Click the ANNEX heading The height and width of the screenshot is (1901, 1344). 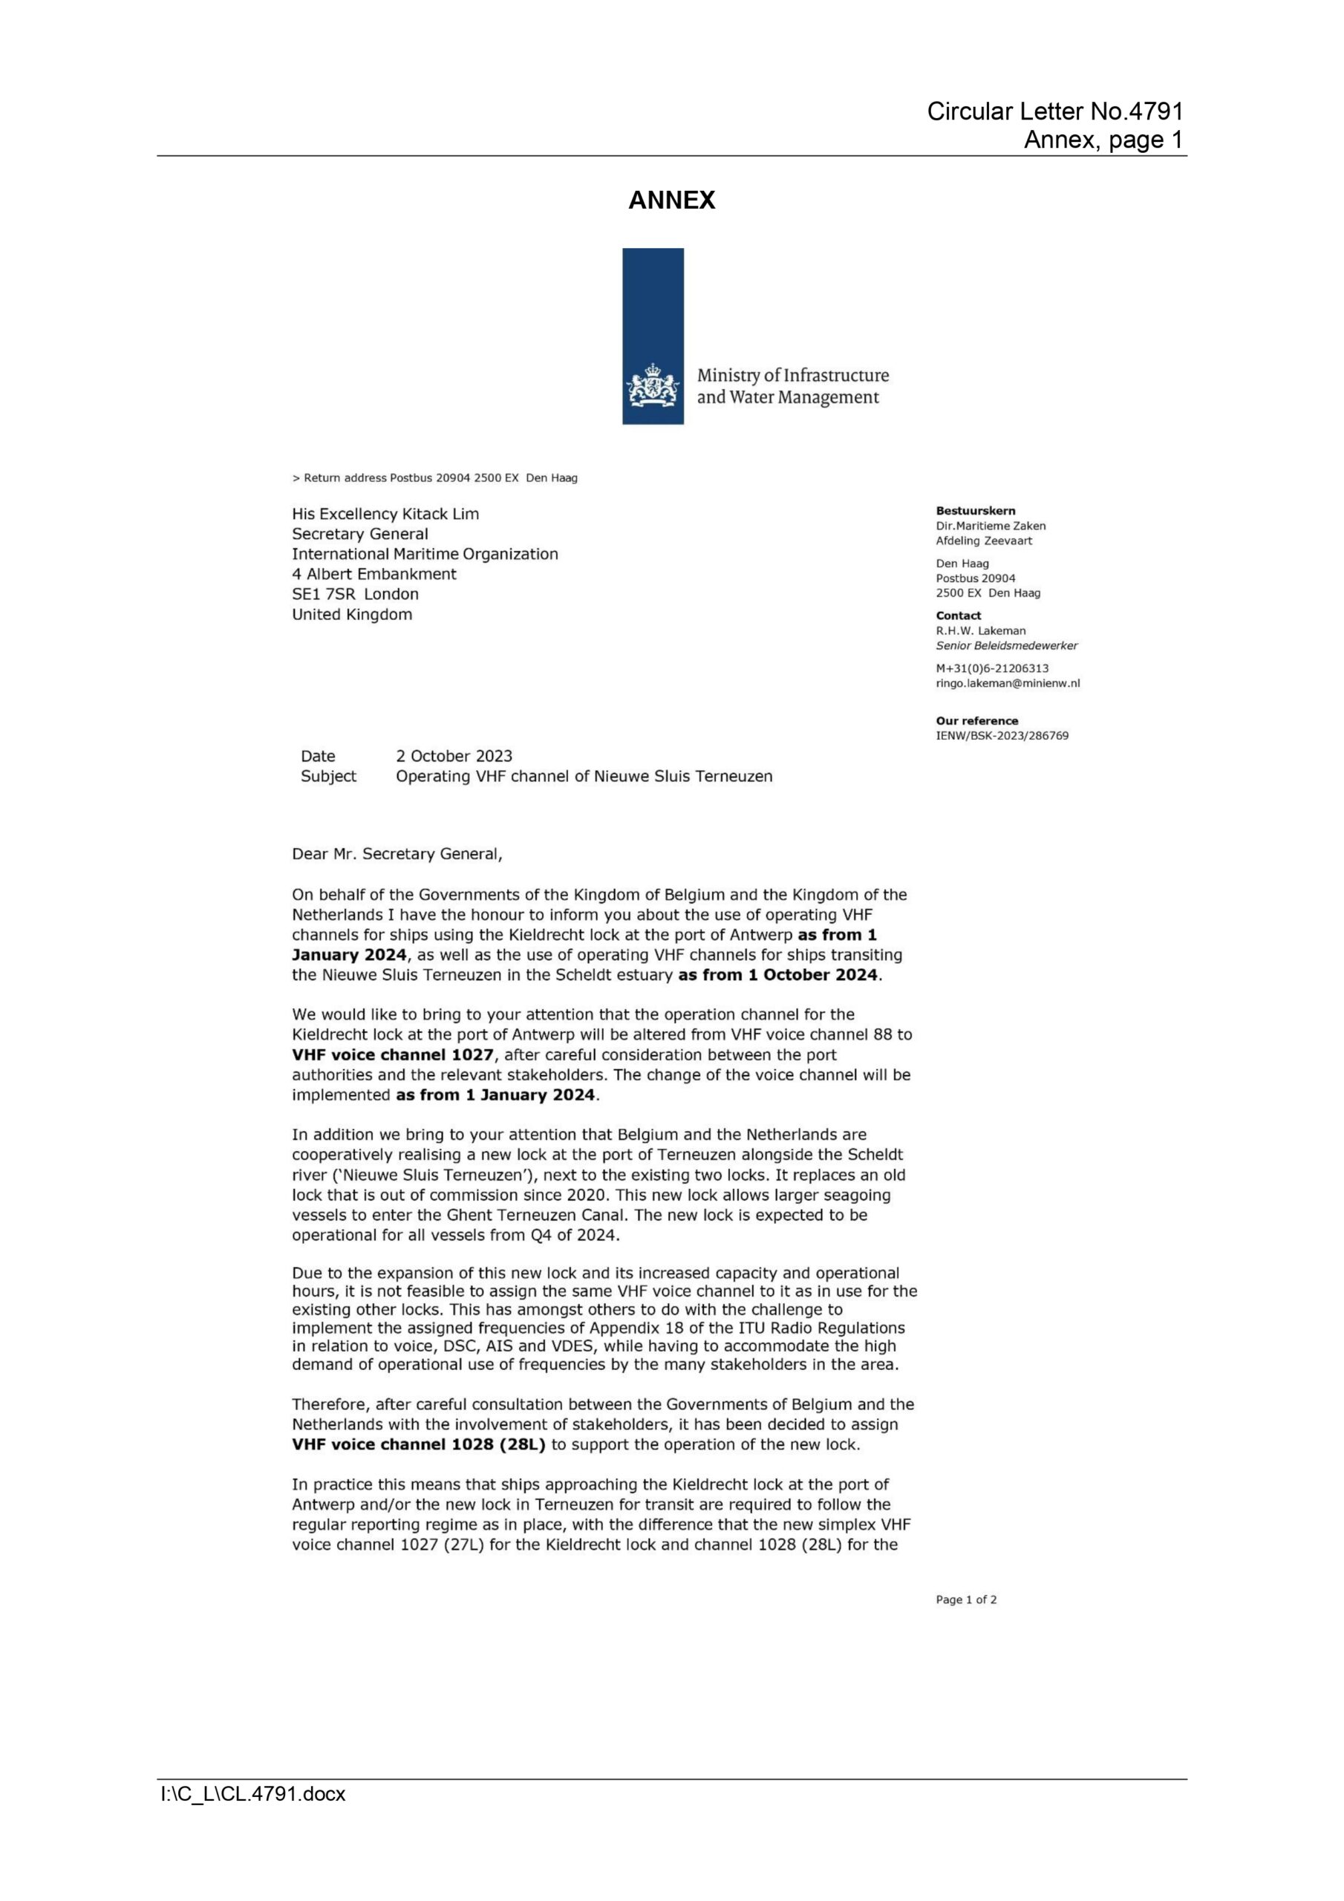[x=671, y=200]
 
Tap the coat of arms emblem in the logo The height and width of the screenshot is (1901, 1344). [x=653, y=386]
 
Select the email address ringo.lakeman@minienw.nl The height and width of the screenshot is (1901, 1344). [x=1007, y=683]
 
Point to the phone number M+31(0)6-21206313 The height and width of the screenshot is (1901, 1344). [x=992, y=668]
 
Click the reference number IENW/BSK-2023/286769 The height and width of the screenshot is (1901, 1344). [x=1002, y=735]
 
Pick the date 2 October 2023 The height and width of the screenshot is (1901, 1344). [x=454, y=756]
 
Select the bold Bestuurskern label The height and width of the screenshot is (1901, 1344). [x=975, y=511]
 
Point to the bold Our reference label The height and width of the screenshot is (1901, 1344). [x=976, y=720]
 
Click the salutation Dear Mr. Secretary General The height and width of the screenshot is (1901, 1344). [x=397, y=855]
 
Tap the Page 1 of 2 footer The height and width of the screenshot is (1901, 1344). [x=965, y=1600]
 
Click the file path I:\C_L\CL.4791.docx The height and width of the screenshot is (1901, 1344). [x=252, y=1794]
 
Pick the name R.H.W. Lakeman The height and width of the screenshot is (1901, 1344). [x=980, y=630]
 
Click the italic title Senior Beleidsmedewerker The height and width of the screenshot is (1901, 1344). [x=1006, y=645]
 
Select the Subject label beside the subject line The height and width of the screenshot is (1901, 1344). [x=328, y=777]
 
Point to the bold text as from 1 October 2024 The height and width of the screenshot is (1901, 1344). [x=777, y=975]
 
